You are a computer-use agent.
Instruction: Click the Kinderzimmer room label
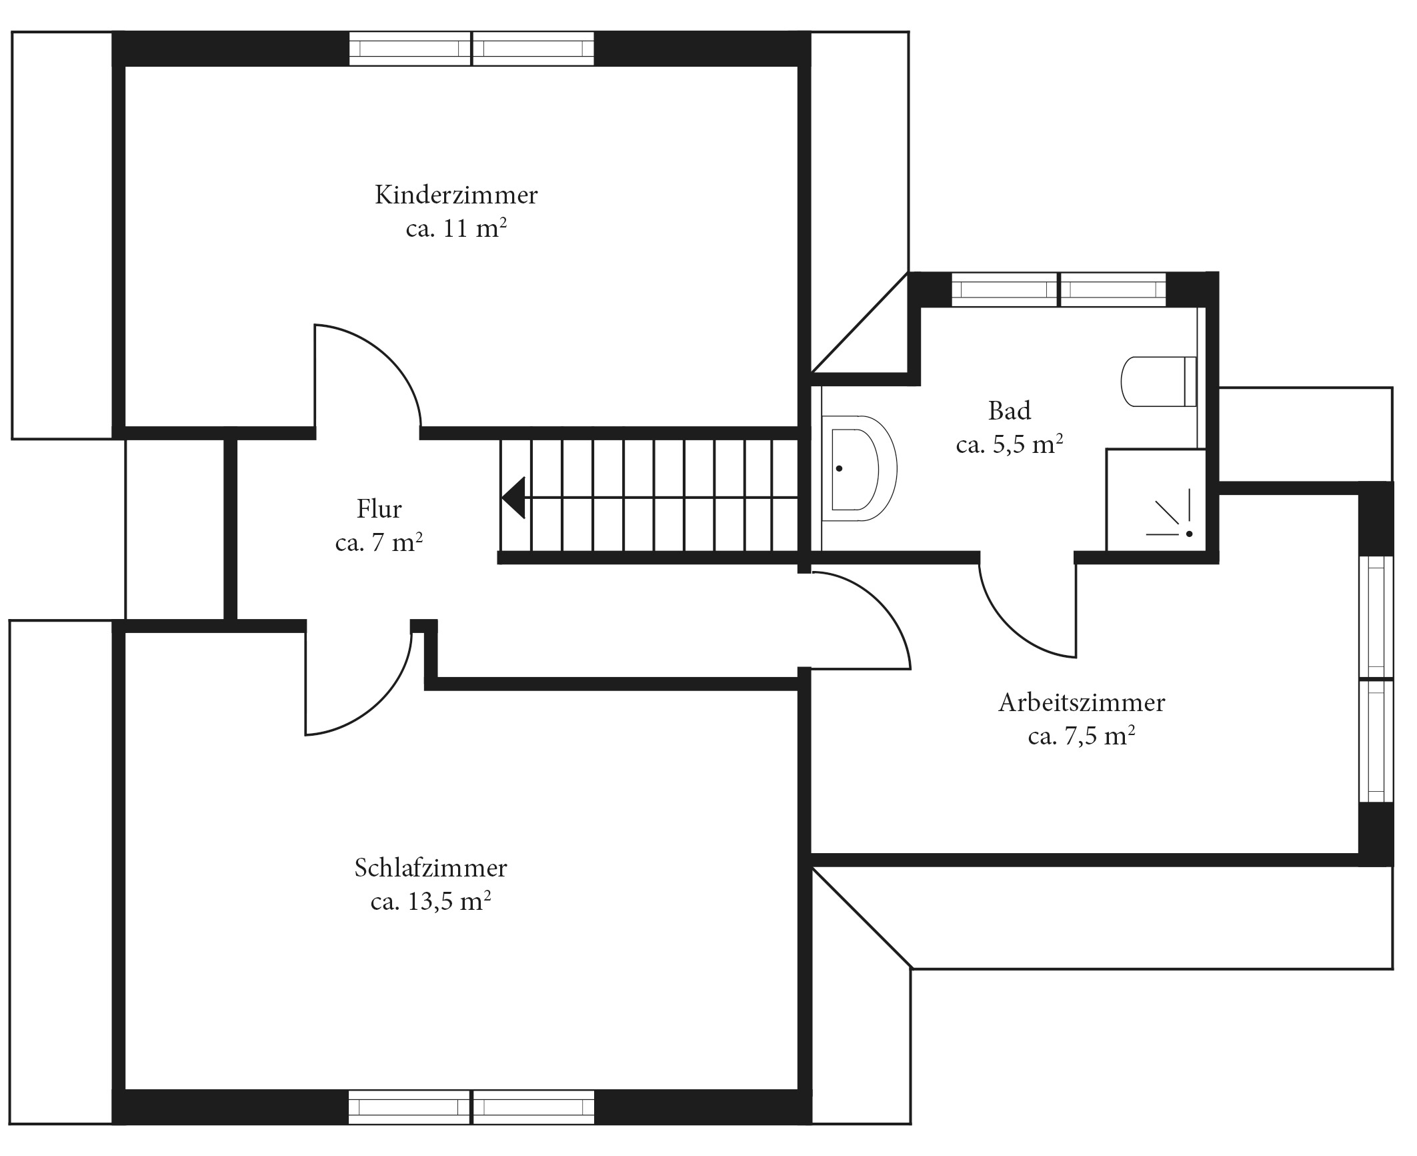click(456, 195)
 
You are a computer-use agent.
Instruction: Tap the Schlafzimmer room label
click(431, 868)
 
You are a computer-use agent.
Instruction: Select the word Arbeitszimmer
click(1082, 702)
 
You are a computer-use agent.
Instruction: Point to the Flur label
click(379, 509)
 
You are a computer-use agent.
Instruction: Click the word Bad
click(1010, 410)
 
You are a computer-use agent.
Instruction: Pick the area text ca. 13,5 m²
click(431, 901)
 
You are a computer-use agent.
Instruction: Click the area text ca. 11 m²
click(456, 228)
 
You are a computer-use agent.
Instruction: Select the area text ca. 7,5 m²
click(1082, 736)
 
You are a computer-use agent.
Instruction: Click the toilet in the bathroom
click(1159, 382)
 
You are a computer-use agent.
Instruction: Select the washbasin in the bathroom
click(860, 468)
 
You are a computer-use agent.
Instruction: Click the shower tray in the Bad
click(1156, 500)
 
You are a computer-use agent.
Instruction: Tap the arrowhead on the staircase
click(513, 498)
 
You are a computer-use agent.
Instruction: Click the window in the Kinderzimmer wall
click(471, 49)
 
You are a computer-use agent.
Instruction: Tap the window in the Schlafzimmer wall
click(471, 1108)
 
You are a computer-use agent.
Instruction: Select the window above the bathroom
click(1059, 290)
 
